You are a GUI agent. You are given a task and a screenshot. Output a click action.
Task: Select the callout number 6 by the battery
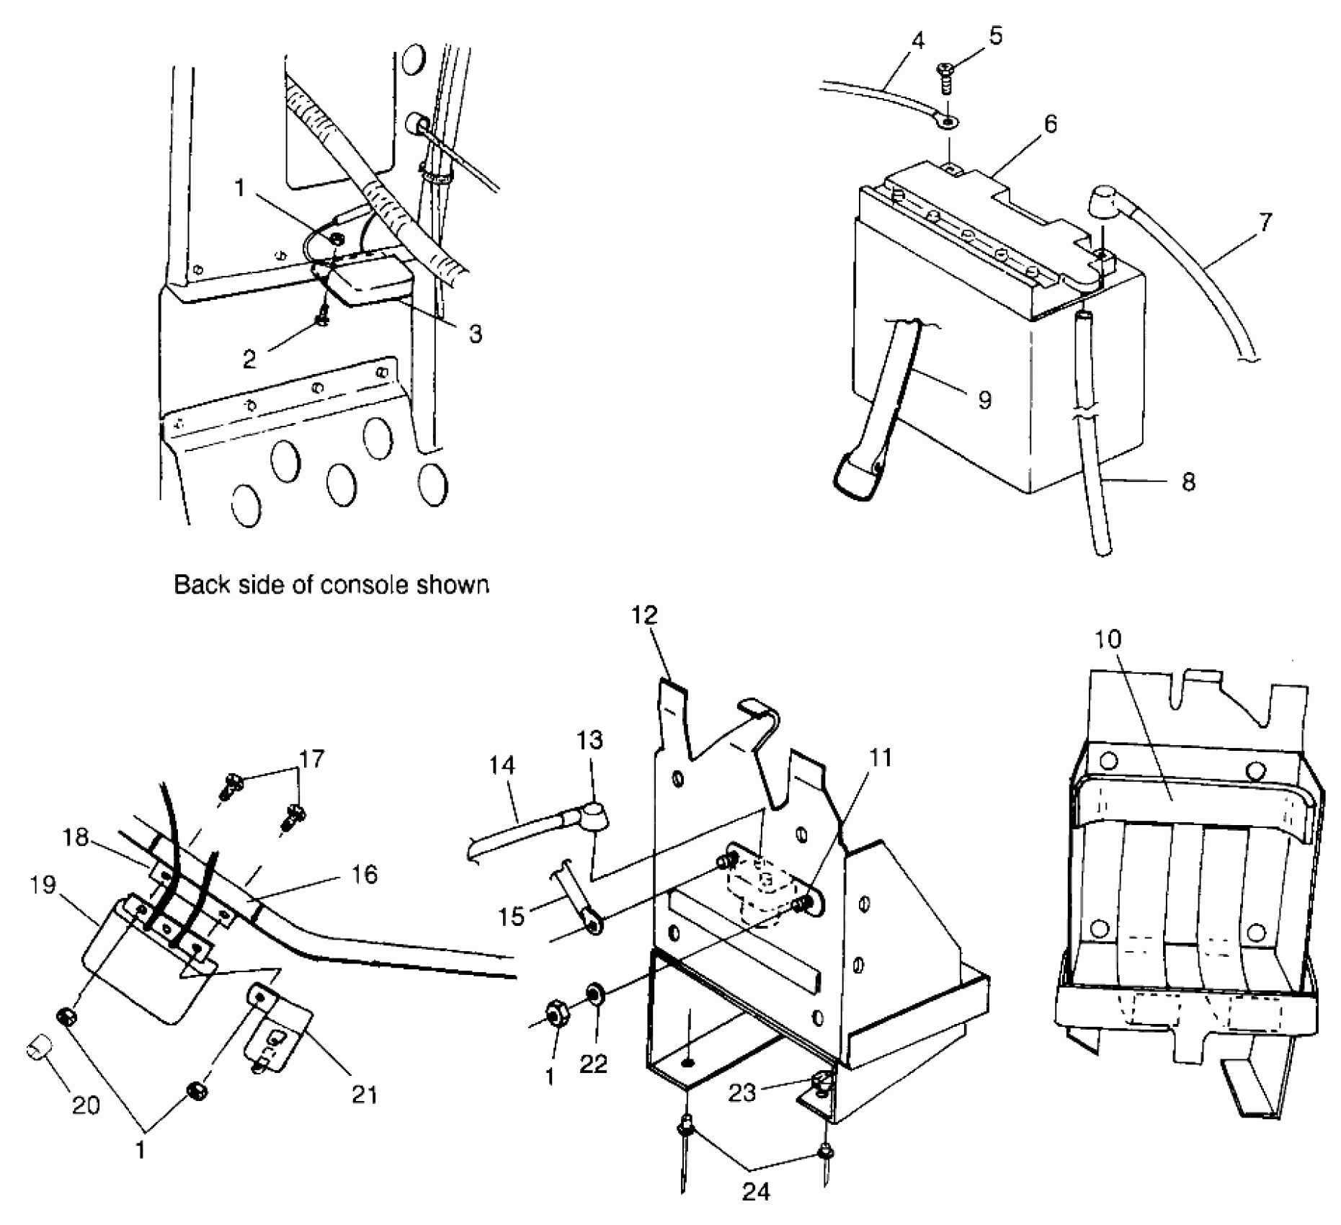pos(1051,125)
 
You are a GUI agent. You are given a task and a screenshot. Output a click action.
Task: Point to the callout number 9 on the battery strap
pos(984,399)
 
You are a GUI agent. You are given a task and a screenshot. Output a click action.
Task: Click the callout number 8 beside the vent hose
pos(1188,481)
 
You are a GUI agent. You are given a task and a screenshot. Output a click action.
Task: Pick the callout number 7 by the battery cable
pos(1266,222)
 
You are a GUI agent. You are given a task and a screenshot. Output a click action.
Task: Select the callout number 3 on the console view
pos(474,334)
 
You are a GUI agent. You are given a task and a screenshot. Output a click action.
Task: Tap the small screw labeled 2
pos(324,314)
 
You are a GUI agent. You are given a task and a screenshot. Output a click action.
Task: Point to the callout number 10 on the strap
pos(1109,639)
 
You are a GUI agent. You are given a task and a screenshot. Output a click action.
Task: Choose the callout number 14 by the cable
pos(502,765)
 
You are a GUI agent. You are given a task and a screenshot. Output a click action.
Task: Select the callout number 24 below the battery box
pos(755,1193)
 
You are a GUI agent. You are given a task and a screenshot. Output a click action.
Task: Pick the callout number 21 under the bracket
pos(364,1095)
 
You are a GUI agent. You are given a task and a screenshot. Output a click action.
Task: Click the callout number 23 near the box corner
pos(742,1092)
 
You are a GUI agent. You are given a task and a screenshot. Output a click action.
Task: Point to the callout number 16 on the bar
pos(365,875)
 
